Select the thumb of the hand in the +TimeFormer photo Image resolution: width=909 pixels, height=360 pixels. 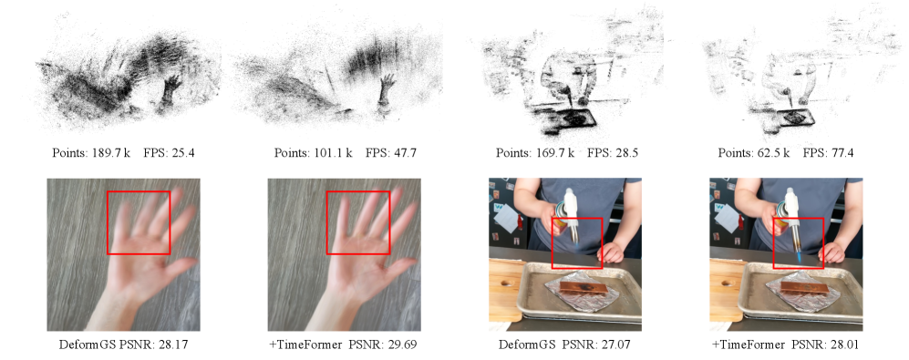[x=399, y=267]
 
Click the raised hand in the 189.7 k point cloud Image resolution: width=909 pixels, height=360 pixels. [x=169, y=91]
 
